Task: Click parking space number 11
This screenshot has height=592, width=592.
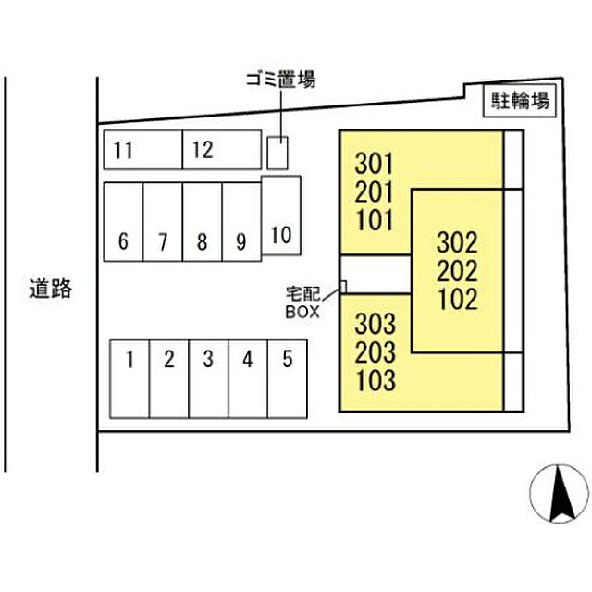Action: tap(142, 150)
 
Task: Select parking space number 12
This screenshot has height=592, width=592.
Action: tap(222, 150)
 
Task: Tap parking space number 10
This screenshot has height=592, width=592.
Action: tap(281, 216)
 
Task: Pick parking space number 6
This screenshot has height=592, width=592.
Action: tap(123, 222)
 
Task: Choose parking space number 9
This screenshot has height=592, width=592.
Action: tap(241, 222)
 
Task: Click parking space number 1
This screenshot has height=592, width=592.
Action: tap(129, 378)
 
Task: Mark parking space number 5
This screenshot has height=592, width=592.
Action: tap(288, 378)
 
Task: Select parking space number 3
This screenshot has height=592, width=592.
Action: tap(208, 378)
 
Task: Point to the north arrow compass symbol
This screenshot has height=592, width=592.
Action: tap(559, 494)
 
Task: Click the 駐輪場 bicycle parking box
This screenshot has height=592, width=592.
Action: tap(520, 101)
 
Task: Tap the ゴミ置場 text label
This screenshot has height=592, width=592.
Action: tap(280, 80)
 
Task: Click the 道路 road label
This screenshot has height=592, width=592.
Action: tap(51, 289)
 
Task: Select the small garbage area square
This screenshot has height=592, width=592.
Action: tap(277, 153)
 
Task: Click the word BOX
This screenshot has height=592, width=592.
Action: tap(302, 312)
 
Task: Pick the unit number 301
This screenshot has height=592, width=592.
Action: tap(374, 164)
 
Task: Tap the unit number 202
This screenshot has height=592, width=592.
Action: tap(457, 271)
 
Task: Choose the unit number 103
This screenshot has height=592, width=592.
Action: tap(376, 380)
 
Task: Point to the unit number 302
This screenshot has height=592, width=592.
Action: tap(457, 242)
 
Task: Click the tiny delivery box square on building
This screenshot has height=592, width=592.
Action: tap(343, 287)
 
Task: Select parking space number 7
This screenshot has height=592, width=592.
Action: tap(163, 222)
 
